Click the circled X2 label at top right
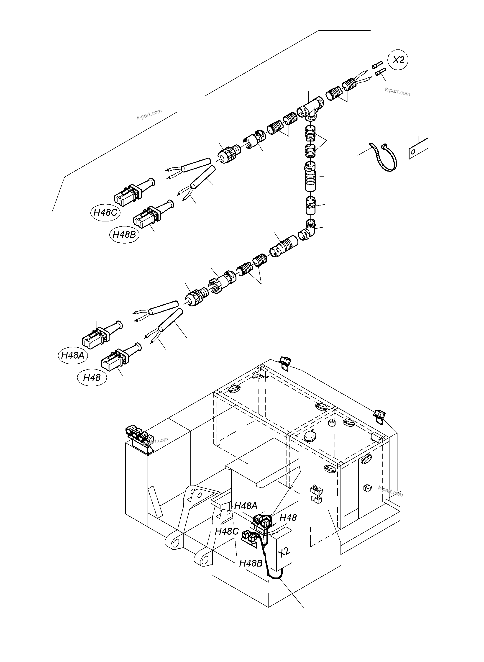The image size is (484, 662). [x=398, y=60]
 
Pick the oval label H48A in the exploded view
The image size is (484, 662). [x=73, y=355]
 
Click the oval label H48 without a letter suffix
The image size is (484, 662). [x=92, y=377]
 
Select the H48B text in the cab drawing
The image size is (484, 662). [x=251, y=563]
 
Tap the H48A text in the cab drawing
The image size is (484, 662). [x=246, y=505]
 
